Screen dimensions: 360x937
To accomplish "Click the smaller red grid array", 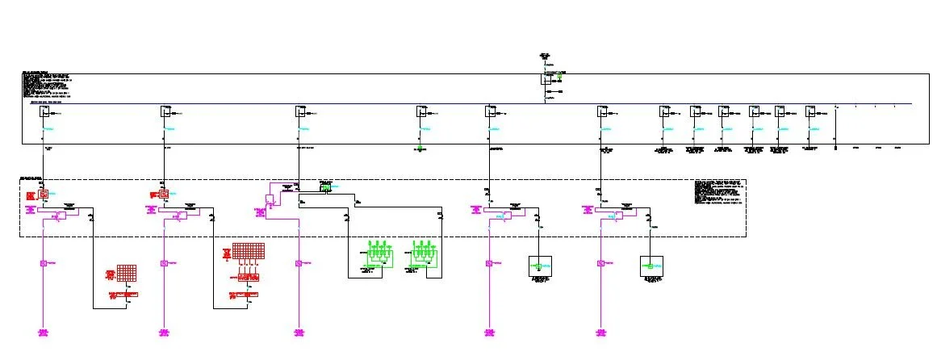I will pyautogui.click(x=126, y=274).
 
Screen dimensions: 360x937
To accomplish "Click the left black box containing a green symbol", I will pyautogui.click(x=538, y=266).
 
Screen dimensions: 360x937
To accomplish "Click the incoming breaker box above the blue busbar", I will pyautogui.click(x=546, y=78).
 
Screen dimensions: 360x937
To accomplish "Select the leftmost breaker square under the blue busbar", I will pyautogui.click(x=45, y=112).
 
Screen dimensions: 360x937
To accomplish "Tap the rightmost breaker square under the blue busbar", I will pyautogui.click(x=810, y=112).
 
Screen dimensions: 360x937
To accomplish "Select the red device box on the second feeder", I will pyautogui.click(x=165, y=194).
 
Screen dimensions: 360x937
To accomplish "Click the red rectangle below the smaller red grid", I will pyautogui.click(x=127, y=295).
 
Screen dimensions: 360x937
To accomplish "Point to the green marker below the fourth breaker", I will pyautogui.click(x=421, y=129).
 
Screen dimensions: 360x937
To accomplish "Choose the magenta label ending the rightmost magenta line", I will pyautogui.click(x=600, y=333).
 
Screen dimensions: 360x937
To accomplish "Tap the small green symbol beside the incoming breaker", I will pyautogui.click(x=558, y=78).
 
